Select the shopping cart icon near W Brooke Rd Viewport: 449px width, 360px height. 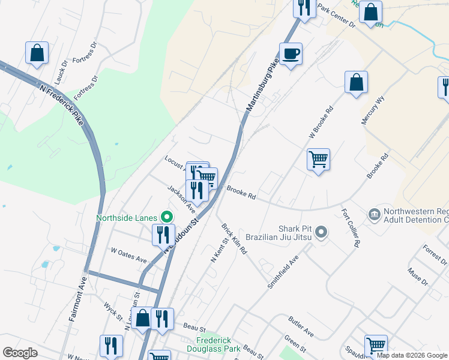pos(318,160)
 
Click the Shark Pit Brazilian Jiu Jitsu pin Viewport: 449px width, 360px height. pos(321,232)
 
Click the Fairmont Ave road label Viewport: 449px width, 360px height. pos(79,298)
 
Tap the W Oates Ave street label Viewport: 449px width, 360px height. pos(128,255)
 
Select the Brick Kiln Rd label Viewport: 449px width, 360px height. pos(234,239)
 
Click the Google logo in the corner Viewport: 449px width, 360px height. pos(20,352)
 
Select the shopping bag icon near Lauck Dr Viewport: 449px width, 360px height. pos(37,53)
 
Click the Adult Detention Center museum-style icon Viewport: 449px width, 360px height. pos(373,214)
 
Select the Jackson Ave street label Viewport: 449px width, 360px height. pos(181,199)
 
